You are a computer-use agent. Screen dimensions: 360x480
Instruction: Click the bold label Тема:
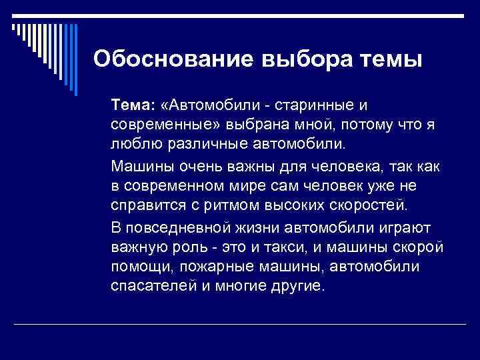click(133, 106)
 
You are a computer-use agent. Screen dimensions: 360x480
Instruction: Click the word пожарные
click(208, 267)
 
